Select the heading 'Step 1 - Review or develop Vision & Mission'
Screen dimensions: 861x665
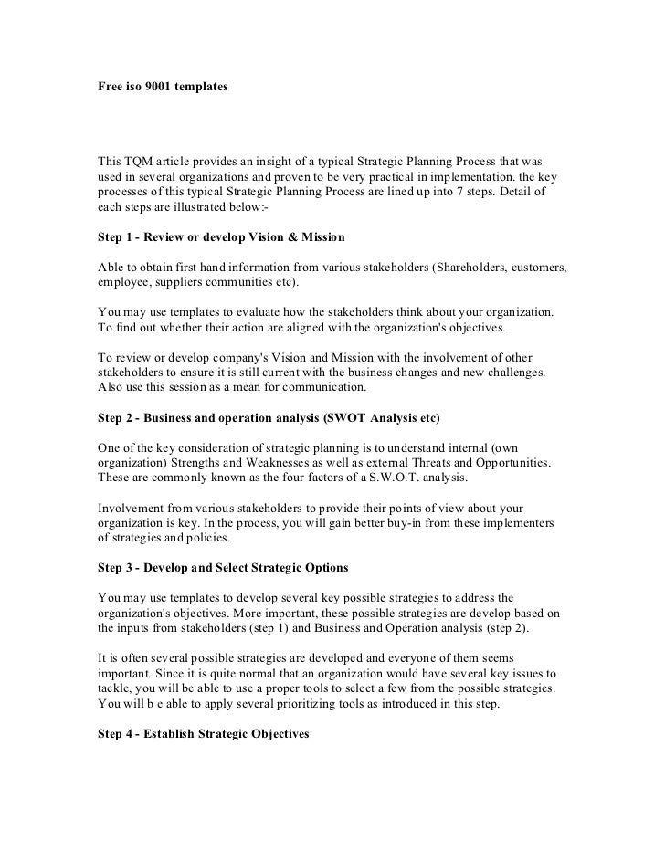[221, 237]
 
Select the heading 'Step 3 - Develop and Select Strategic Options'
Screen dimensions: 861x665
[223, 568]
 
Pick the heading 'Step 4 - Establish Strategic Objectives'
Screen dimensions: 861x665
[204, 733]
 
